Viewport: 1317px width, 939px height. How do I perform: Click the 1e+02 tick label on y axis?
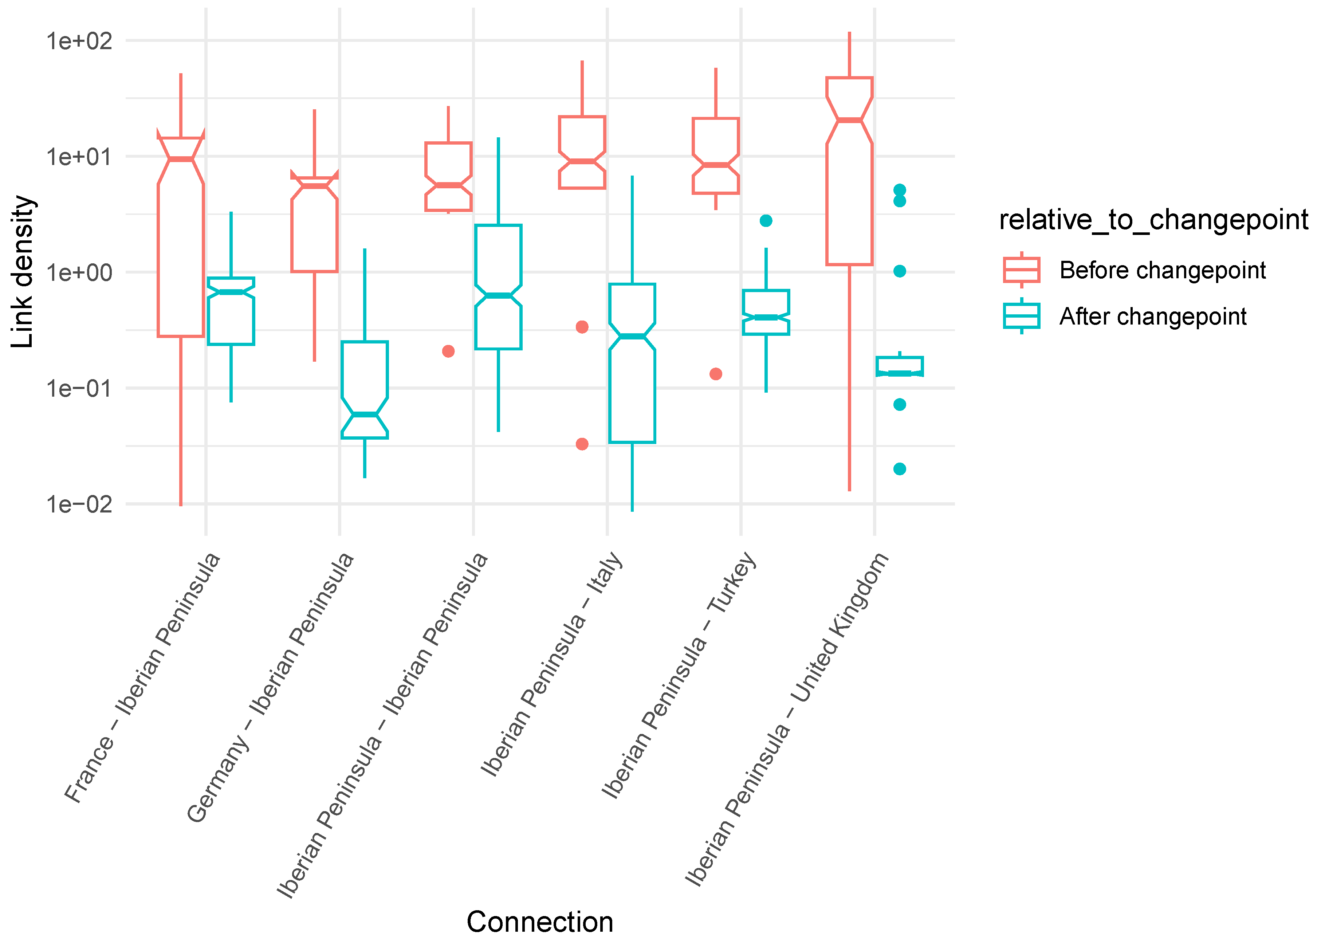tap(79, 41)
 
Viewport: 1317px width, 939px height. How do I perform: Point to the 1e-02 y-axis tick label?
tap(79, 504)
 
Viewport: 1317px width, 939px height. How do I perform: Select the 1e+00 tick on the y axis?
tap(79, 272)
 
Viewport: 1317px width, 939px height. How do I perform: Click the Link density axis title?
tap(23, 272)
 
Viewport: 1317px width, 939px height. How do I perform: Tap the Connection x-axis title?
tap(539, 922)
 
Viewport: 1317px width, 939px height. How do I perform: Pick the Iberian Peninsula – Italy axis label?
tap(552, 663)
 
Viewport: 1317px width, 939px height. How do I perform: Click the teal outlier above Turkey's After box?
tap(766, 221)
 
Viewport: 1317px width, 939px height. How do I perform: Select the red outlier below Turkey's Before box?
tap(716, 374)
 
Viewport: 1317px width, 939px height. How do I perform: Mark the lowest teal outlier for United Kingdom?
tap(900, 469)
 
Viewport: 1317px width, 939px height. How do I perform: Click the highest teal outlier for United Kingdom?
tap(900, 190)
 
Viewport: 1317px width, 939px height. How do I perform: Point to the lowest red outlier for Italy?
tap(582, 444)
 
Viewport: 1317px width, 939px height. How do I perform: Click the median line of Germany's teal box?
tap(365, 415)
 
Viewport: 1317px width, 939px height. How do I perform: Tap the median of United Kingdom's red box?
tap(849, 120)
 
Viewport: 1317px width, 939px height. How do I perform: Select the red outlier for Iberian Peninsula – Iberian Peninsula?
tap(448, 351)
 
